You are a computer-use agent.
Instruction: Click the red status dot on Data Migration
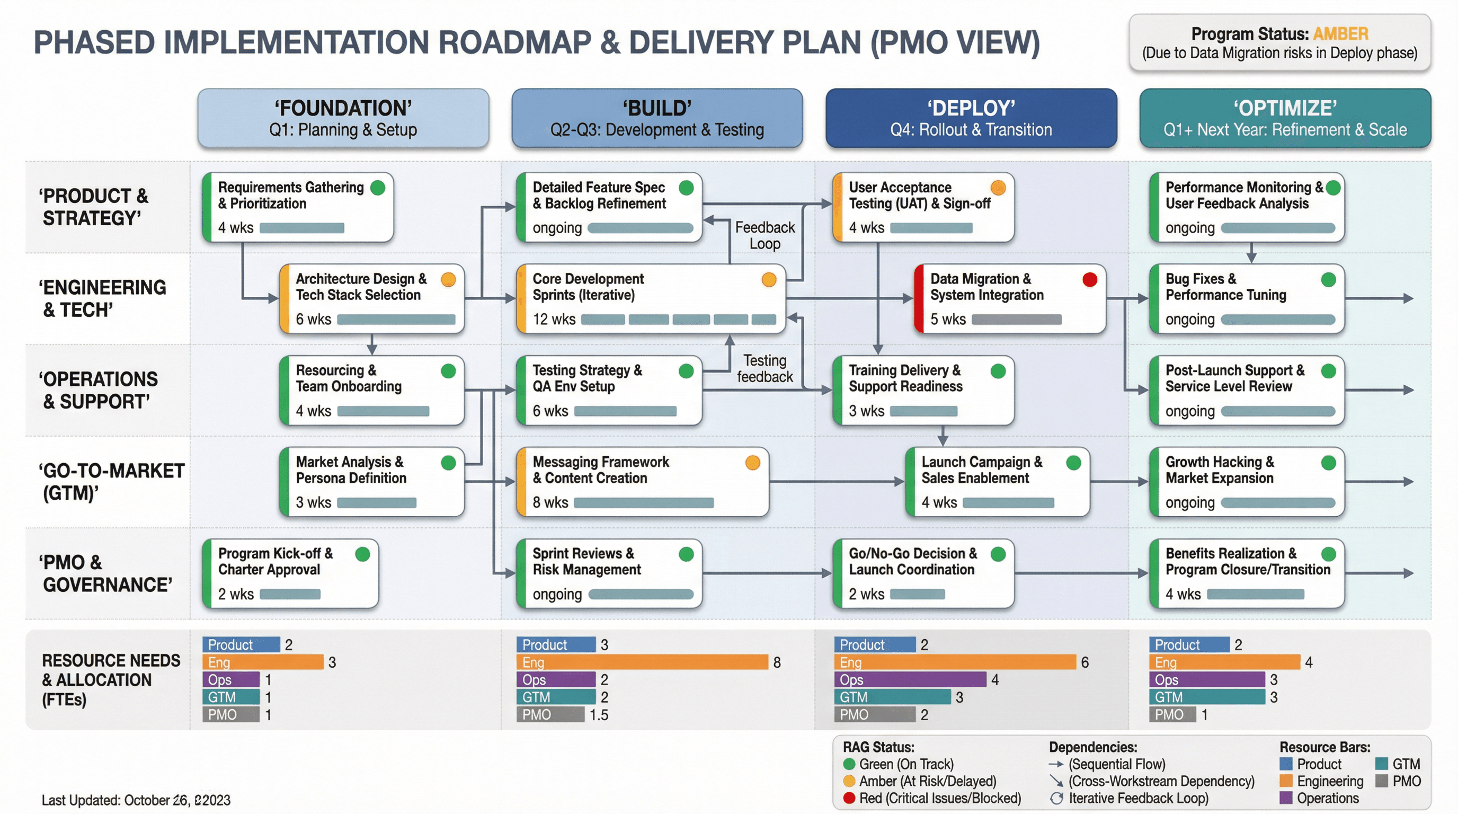tap(1090, 279)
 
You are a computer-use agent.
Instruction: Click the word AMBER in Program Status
tap(1340, 34)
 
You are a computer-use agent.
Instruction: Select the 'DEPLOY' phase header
tap(971, 118)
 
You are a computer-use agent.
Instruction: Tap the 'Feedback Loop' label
tap(764, 235)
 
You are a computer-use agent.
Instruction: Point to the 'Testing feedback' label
tap(764, 368)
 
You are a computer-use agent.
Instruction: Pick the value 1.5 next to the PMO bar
tap(599, 715)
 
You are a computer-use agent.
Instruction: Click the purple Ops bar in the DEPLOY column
tap(910, 680)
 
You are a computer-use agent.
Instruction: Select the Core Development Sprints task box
tap(651, 299)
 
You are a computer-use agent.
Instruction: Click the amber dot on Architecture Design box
tap(448, 280)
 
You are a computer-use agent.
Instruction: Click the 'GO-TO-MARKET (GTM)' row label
tap(110, 481)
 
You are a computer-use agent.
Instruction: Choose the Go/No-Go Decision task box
tap(922, 573)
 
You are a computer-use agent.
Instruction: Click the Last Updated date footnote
tap(136, 800)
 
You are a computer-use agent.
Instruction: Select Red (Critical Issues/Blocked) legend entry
tap(939, 798)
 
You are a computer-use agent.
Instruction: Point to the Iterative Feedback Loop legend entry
tap(1137, 798)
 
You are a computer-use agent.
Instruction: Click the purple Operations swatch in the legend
tap(1286, 798)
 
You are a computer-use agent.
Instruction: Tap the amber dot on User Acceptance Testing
tap(998, 188)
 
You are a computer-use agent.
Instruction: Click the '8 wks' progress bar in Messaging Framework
tap(644, 503)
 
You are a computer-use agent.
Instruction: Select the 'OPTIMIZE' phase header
tap(1285, 118)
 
